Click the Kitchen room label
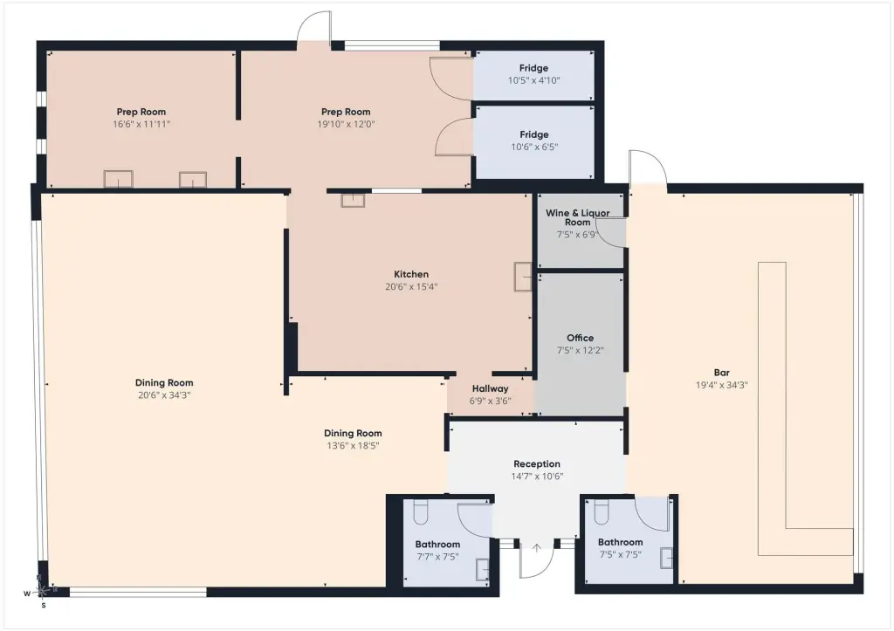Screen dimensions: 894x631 click(x=411, y=274)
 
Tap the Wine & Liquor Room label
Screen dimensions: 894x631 click(x=578, y=217)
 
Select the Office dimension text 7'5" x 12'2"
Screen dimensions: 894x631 click(x=580, y=351)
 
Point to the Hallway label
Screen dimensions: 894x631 click(x=490, y=388)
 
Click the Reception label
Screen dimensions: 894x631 click(x=537, y=464)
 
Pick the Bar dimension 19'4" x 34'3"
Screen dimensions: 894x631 click(x=721, y=386)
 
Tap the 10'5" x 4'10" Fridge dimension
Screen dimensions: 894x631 click(x=533, y=81)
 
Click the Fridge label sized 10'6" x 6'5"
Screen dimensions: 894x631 click(x=534, y=134)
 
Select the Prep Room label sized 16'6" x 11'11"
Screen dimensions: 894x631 click(x=141, y=113)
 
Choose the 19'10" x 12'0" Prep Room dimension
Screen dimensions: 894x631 click(x=346, y=124)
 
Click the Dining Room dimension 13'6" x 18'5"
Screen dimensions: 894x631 click(x=353, y=446)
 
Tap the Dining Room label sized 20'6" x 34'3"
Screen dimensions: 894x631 click(x=164, y=383)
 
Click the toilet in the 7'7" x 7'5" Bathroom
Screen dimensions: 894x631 click(x=420, y=511)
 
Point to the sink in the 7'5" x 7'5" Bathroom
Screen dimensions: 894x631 click(x=666, y=558)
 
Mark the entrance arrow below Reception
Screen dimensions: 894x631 click(x=537, y=548)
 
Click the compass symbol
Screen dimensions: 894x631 click(x=41, y=592)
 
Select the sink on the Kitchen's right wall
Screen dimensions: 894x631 click(x=524, y=277)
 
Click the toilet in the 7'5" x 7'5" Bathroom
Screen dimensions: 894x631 click(x=602, y=511)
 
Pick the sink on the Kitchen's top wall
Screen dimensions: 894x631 click(x=353, y=200)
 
